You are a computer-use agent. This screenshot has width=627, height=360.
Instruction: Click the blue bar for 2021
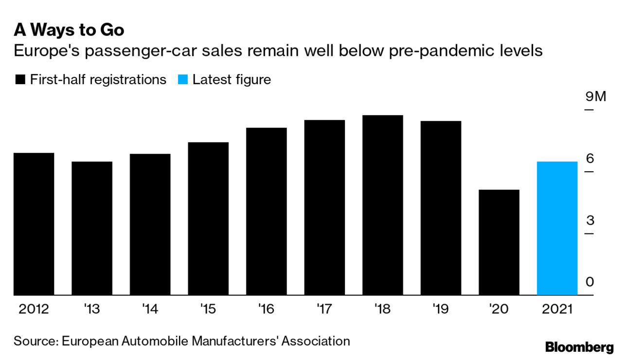(x=557, y=228)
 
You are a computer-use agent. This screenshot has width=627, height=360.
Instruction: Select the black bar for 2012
(x=34, y=224)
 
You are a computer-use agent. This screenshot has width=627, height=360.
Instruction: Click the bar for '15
(x=208, y=218)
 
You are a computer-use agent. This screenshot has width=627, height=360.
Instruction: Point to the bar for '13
(x=92, y=228)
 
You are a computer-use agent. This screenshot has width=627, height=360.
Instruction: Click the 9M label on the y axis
(x=596, y=97)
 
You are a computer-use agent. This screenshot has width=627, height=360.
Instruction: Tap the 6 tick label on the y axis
(x=590, y=159)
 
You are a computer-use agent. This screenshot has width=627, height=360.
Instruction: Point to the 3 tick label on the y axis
(x=590, y=220)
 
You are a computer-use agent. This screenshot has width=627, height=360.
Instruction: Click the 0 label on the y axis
(x=590, y=282)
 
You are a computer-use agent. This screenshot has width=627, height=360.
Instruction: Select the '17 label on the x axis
(x=324, y=309)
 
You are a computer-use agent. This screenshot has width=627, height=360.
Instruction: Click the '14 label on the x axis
(x=150, y=309)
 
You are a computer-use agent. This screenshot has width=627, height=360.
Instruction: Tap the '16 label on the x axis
(x=266, y=309)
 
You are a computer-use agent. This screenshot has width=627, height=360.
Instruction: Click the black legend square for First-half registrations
(x=20, y=80)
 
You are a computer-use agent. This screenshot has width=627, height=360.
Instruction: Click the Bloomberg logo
(x=579, y=347)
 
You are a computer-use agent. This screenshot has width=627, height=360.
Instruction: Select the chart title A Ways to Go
(x=69, y=30)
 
